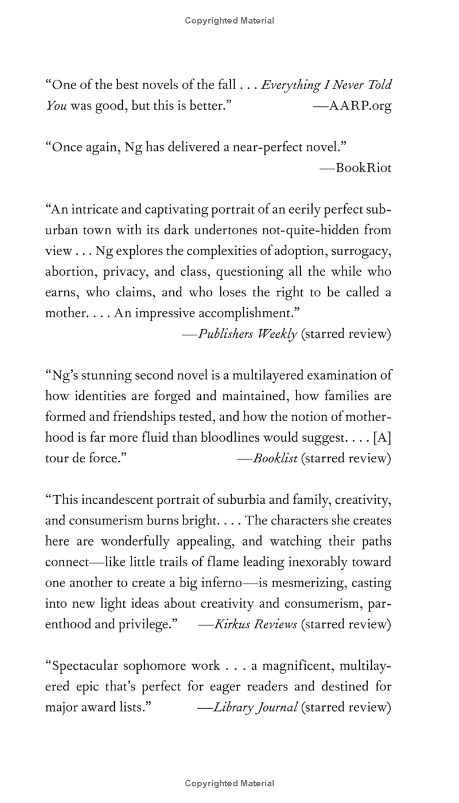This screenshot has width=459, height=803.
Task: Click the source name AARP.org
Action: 360,106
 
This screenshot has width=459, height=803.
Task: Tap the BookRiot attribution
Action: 364,168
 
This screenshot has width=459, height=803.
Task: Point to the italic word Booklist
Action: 275,458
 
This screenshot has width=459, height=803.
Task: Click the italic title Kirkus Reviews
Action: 256,624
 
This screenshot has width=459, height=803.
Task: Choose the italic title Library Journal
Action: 255,707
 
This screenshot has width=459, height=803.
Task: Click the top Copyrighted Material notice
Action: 229,21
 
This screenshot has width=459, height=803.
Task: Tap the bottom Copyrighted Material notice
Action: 229,783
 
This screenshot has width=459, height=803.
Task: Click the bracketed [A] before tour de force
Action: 382,438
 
